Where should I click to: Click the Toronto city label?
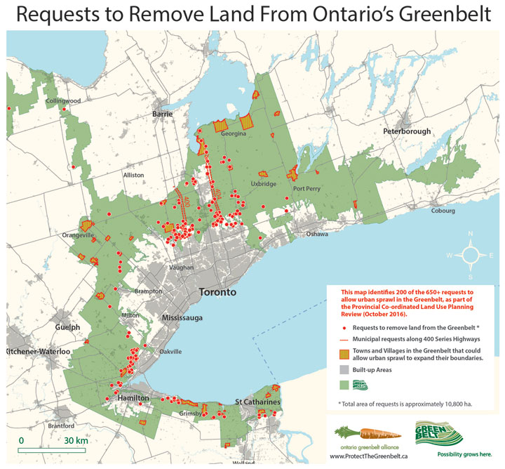tap(217, 292)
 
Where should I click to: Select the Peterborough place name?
tap(407, 131)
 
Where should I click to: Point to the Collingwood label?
tap(63, 101)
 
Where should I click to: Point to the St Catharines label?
tap(257, 402)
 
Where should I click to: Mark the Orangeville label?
tap(79, 235)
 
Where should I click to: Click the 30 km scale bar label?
tap(76, 440)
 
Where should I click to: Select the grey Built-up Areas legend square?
tap(344, 369)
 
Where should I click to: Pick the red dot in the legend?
tap(344, 328)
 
